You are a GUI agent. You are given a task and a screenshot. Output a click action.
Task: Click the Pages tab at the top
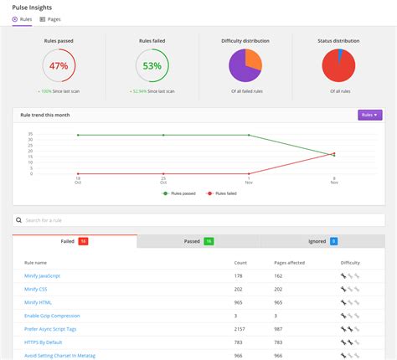pyautogui.click(x=50, y=18)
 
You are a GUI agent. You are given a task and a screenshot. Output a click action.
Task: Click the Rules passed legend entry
pyautogui.click(x=178, y=193)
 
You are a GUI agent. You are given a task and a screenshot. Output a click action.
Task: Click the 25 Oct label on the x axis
pyautogui.click(x=163, y=180)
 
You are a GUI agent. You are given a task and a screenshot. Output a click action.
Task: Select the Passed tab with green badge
pyautogui.click(x=198, y=241)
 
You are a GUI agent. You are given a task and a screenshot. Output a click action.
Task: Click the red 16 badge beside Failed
pyautogui.click(x=83, y=241)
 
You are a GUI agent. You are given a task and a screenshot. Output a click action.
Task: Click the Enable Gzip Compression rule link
pyautogui.click(x=52, y=316)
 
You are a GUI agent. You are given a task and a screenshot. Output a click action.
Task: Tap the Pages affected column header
pyautogui.click(x=290, y=262)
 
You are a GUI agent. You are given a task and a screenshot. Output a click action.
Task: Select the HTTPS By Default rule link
pyautogui.click(x=44, y=342)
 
